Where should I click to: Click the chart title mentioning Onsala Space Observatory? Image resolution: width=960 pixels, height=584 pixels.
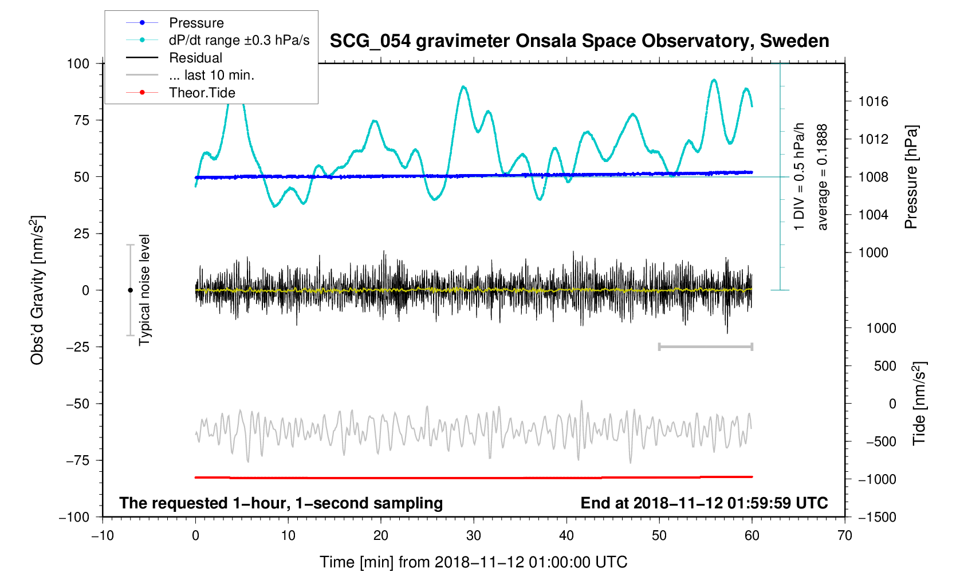coord(579,41)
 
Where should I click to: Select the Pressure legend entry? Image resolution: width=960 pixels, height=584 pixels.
coord(196,23)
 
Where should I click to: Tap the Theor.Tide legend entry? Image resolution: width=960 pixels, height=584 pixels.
coord(202,93)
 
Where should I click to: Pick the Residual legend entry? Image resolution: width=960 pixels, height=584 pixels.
coord(195,58)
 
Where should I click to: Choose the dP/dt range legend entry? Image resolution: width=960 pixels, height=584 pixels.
coord(239,40)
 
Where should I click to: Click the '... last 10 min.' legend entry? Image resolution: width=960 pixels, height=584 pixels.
coord(211,75)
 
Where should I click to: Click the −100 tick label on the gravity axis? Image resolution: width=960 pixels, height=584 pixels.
coord(74,517)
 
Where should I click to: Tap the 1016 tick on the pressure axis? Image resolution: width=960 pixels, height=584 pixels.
coord(873,102)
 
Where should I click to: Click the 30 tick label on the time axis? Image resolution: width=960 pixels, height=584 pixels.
coord(474,536)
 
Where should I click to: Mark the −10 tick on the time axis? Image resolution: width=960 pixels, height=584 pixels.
coord(103,536)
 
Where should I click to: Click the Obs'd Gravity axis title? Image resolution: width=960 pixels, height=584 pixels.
coord(38,290)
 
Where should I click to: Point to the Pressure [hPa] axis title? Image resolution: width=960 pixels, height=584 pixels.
coord(911,177)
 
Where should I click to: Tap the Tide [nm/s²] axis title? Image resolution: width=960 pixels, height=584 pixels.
coord(919,404)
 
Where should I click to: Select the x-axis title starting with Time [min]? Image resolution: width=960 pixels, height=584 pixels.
coord(473,562)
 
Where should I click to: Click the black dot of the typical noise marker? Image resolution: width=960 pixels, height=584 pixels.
coord(130,290)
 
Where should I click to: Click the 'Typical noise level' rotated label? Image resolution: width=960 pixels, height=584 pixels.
coord(144,290)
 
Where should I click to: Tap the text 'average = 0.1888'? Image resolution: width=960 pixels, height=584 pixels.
coord(823,177)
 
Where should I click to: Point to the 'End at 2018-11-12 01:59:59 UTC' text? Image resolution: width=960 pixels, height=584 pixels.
coord(704,503)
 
